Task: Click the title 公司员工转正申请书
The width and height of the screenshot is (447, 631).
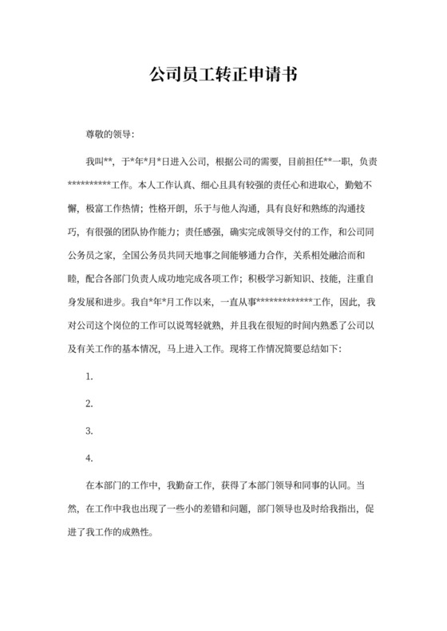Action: (223, 76)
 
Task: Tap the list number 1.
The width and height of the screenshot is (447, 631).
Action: (89, 376)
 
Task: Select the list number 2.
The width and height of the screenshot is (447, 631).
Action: (89, 403)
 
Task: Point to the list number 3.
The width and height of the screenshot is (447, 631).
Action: (89, 431)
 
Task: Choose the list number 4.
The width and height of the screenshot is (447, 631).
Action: (89, 458)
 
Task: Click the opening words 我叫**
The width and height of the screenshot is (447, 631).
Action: (100, 161)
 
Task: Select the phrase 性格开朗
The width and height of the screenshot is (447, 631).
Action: (171, 209)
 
